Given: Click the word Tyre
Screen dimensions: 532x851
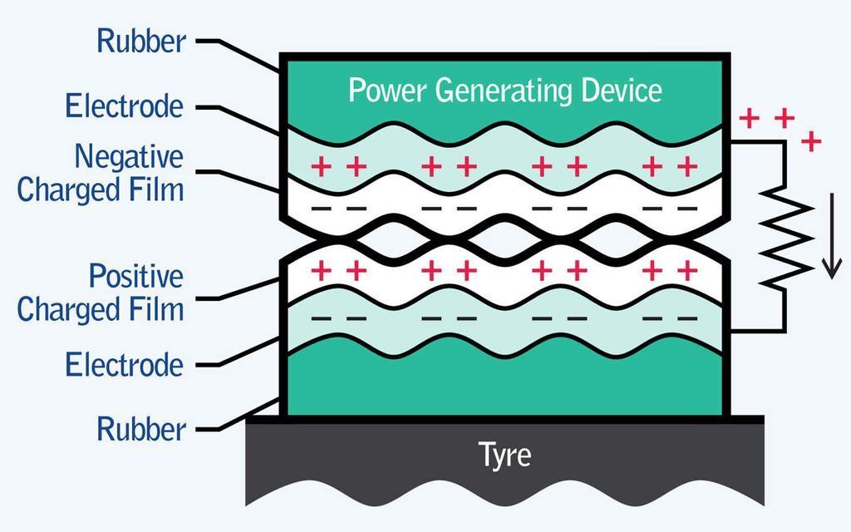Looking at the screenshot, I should [504, 456].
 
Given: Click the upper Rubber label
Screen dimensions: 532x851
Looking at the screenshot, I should [141, 41].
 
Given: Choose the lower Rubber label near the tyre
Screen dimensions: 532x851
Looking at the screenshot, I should [141, 430].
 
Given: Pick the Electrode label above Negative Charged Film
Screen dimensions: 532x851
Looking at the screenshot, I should [125, 107].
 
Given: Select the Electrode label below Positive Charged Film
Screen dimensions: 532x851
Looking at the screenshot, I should [125, 365].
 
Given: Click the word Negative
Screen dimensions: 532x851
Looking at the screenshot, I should [129, 156].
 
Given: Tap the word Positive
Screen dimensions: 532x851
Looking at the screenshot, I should [136, 275].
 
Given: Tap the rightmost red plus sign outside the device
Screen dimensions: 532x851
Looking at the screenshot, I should [811, 142].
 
